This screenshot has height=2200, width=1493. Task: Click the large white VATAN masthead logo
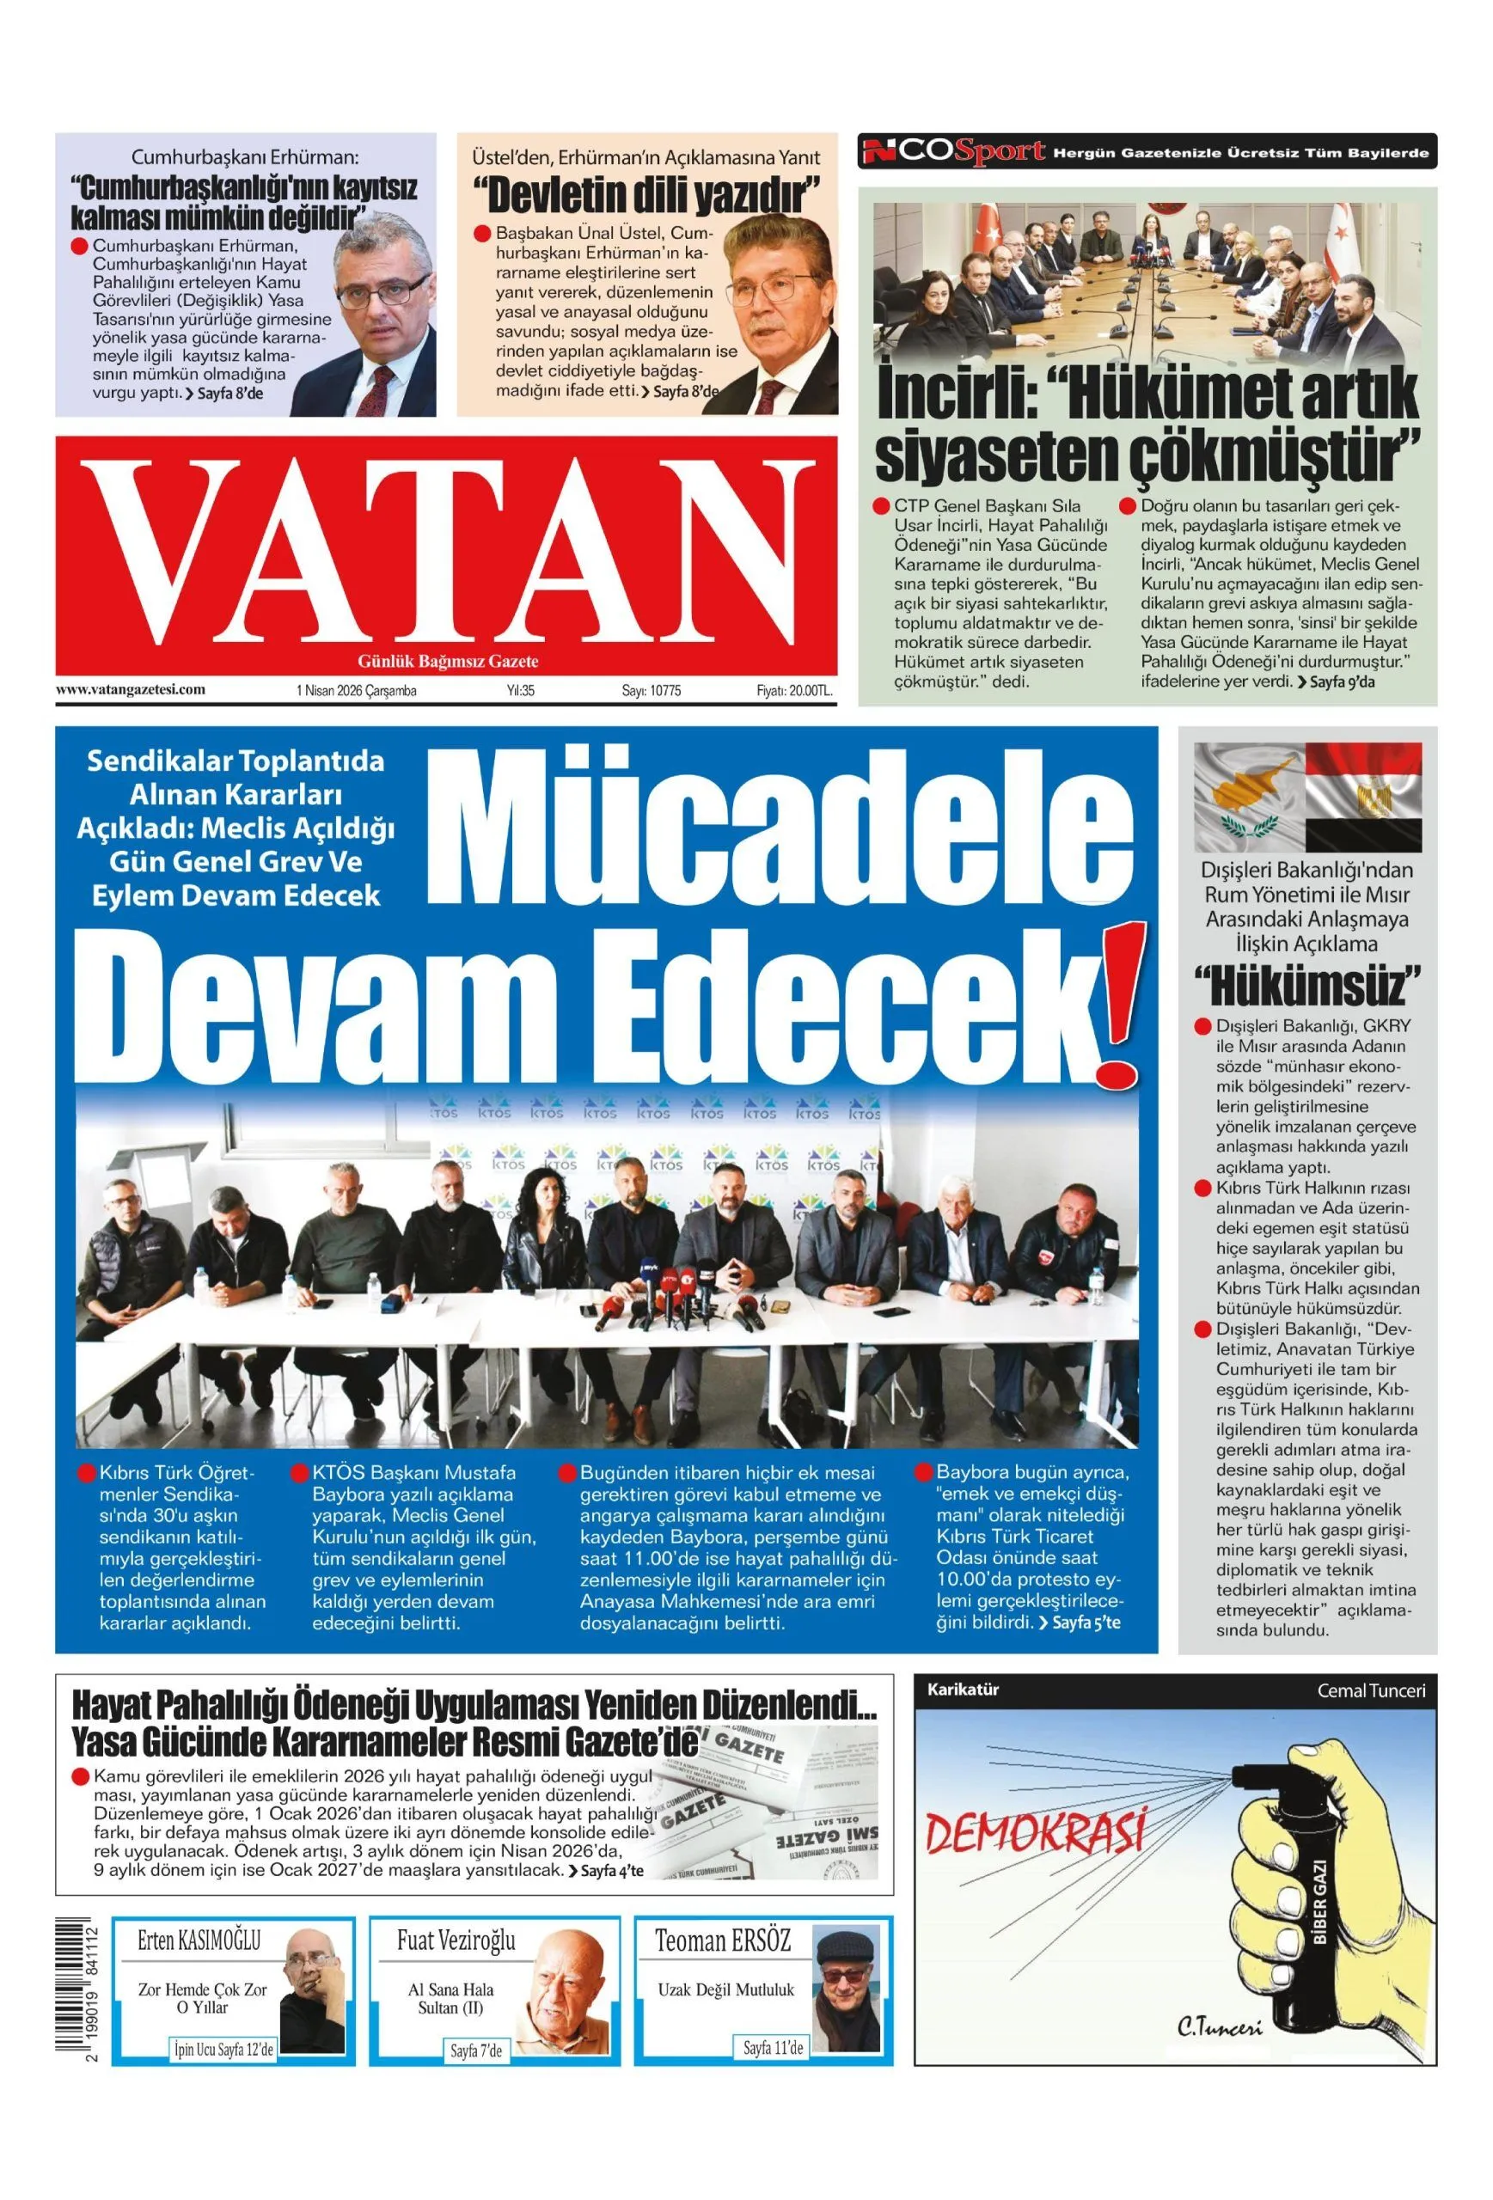click(x=445, y=552)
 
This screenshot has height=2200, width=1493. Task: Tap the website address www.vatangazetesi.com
click(x=131, y=689)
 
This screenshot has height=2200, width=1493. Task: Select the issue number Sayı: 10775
click(x=651, y=691)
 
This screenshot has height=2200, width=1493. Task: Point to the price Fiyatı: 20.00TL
click(x=793, y=691)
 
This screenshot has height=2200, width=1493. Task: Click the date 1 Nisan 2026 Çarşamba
click(x=356, y=691)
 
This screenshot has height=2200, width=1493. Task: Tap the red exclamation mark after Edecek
click(x=1117, y=1004)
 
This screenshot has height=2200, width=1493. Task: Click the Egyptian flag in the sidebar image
click(x=1362, y=795)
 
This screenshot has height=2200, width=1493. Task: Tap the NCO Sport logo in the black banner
click(x=952, y=151)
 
